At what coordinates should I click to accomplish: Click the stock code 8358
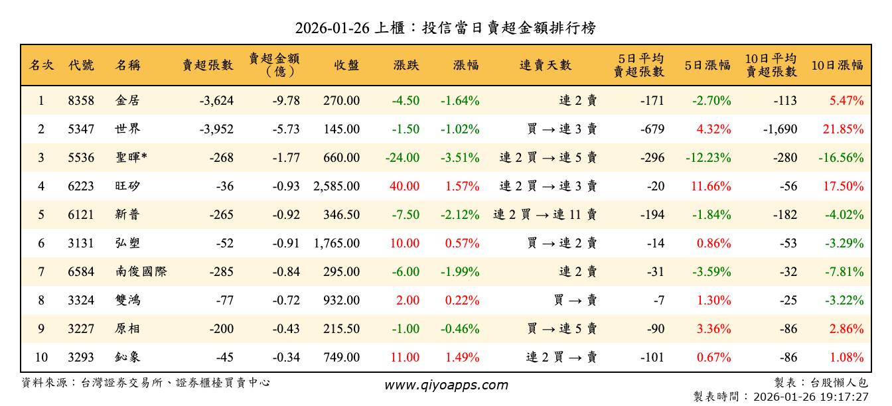[x=81, y=101]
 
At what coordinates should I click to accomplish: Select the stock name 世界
[x=127, y=129]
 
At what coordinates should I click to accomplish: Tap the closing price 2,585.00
[x=336, y=186]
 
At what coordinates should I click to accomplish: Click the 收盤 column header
[x=346, y=65]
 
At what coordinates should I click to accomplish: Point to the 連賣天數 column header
[x=545, y=65]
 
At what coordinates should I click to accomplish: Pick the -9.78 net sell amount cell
[x=286, y=101]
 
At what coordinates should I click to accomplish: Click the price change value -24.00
[x=402, y=158]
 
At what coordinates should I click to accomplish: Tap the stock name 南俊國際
[x=140, y=272]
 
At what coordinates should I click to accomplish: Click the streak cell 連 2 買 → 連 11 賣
[x=545, y=215]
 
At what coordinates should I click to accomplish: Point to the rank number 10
[x=41, y=358]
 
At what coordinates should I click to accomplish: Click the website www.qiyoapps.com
[x=446, y=385]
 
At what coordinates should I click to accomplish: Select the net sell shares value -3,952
[x=216, y=129]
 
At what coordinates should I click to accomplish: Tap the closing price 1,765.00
[x=336, y=243]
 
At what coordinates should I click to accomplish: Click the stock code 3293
[x=81, y=358]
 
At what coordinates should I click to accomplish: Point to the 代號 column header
[x=81, y=65]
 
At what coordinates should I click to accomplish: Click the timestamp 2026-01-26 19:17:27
[x=810, y=397]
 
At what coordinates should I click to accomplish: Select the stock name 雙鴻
[x=127, y=301]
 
